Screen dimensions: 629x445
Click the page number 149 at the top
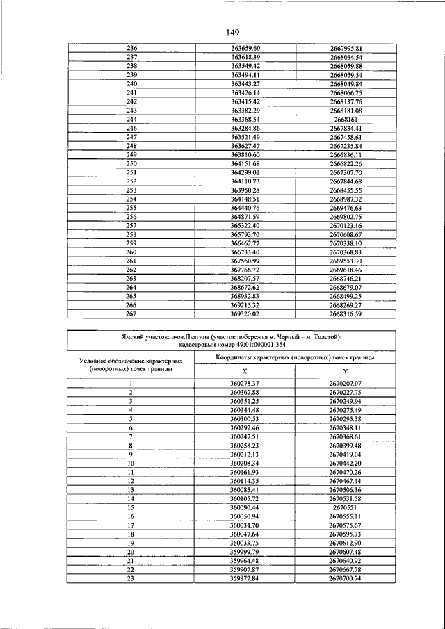coord(232,33)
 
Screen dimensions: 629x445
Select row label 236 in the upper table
coord(131,48)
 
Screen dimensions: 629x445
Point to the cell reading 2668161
coord(346,119)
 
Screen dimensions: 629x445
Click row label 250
coord(131,163)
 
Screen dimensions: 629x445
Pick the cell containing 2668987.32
coord(346,199)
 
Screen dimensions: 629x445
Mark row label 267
coord(131,313)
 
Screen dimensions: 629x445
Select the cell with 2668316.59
coord(346,313)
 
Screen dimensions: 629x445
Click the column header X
coord(244,371)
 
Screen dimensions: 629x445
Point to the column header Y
coord(346,371)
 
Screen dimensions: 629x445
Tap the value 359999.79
coord(244,552)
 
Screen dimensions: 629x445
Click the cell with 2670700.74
coord(346,579)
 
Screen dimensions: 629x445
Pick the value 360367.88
coord(244,393)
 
